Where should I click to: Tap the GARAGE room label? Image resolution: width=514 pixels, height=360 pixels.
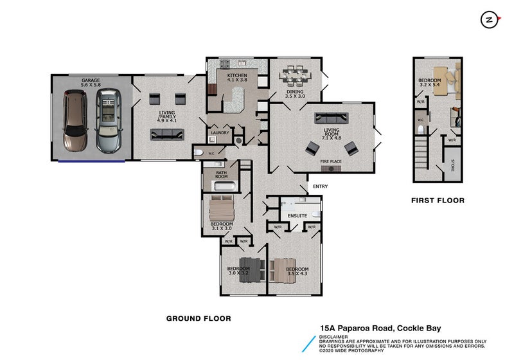click(91, 80)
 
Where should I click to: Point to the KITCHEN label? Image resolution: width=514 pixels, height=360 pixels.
click(236, 76)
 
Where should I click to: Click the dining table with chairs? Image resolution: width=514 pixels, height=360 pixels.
click(297, 75)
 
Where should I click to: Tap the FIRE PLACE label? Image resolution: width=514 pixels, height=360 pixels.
click(332, 161)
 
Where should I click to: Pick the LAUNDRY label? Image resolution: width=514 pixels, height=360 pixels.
click(220, 133)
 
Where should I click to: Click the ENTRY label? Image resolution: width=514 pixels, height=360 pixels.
click(319, 186)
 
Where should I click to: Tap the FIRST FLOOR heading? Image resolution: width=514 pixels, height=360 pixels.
click(438, 201)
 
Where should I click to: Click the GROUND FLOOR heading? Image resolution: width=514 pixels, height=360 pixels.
click(199, 318)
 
